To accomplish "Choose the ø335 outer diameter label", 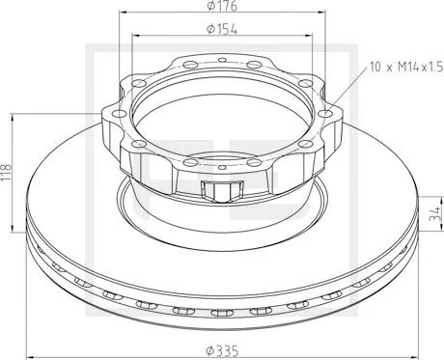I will click(223, 348).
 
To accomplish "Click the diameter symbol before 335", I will click(211, 348).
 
